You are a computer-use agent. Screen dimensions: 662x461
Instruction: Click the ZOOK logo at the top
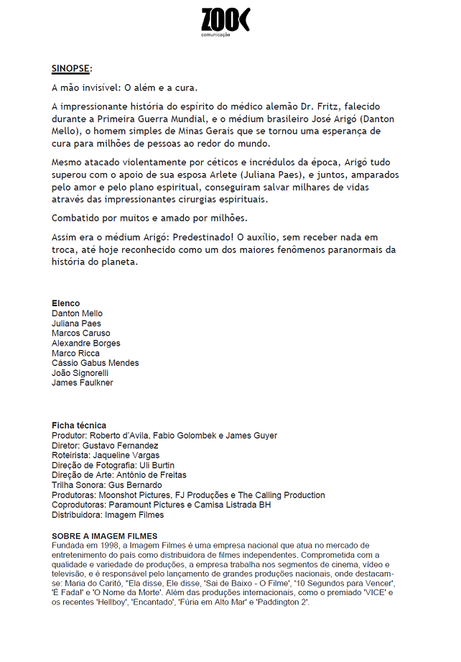pyautogui.click(x=225, y=19)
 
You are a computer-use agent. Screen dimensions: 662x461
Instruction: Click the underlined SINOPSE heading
pyautogui.click(x=70, y=69)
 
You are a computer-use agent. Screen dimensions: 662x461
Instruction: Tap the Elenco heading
pyautogui.click(x=66, y=303)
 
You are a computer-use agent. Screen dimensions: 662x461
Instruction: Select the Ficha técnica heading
pyautogui.click(x=79, y=426)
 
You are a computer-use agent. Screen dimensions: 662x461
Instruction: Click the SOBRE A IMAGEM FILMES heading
pyautogui.click(x=105, y=536)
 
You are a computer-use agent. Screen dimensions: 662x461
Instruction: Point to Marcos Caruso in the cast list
pyautogui.click(x=81, y=334)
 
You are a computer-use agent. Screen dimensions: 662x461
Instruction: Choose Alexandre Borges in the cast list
pyautogui.click(x=86, y=344)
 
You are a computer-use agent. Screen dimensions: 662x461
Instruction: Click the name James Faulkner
pyautogui.click(x=83, y=383)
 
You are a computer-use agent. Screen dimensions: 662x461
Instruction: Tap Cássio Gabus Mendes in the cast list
pyautogui.click(x=96, y=363)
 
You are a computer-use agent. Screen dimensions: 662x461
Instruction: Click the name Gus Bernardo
pyautogui.click(x=134, y=485)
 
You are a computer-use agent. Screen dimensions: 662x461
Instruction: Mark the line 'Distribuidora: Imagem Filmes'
pyautogui.click(x=108, y=515)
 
